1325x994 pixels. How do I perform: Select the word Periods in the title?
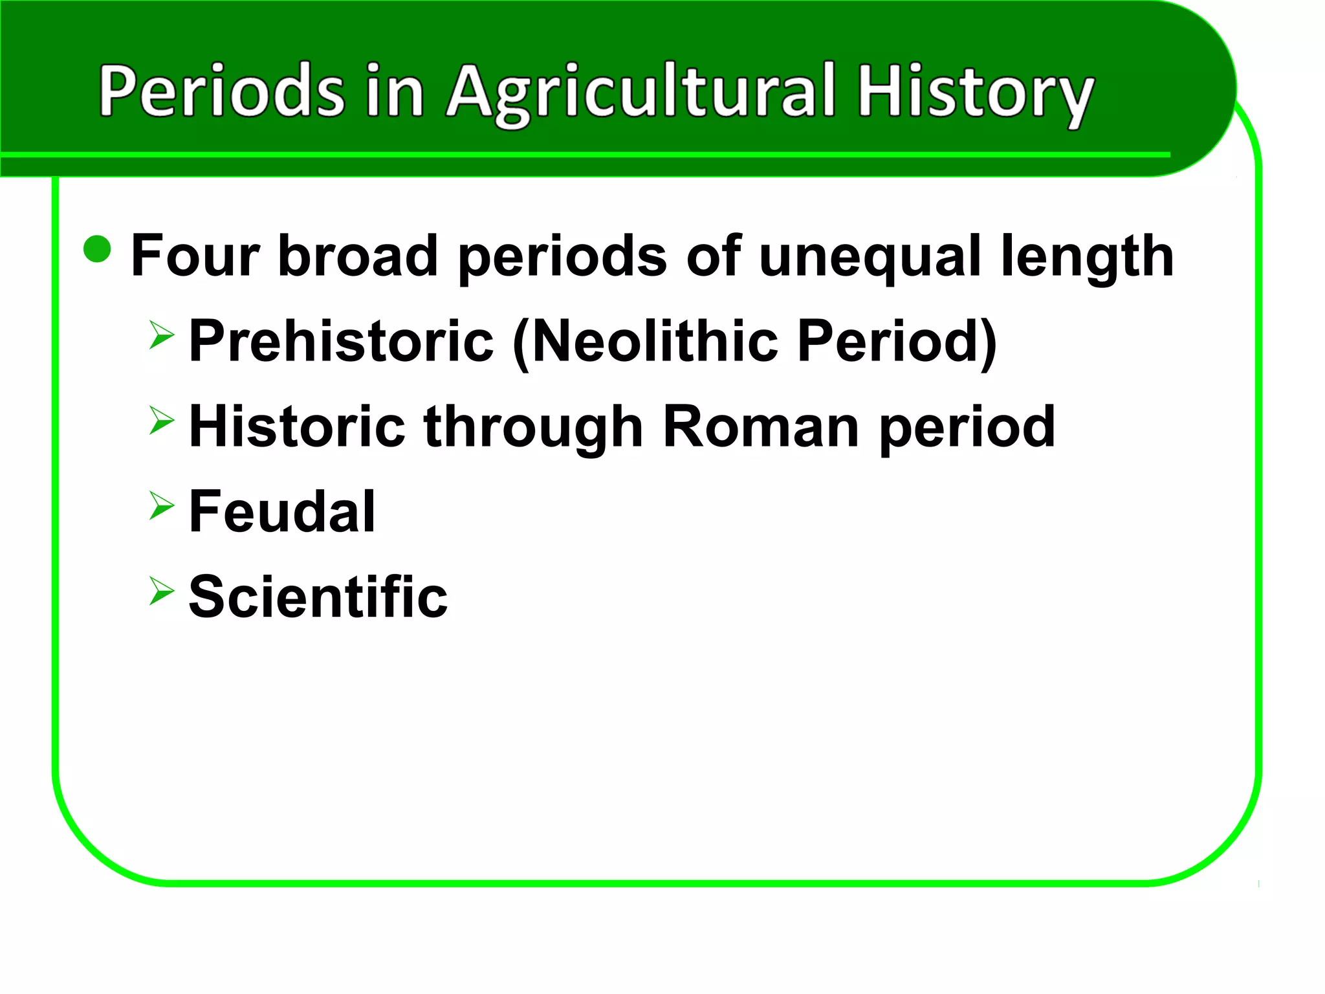pyautogui.click(x=222, y=91)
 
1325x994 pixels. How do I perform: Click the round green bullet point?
pyautogui.click(x=98, y=249)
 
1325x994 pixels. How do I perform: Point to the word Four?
pyautogui.click(x=195, y=256)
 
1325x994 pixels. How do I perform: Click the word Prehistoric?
pyautogui.click(x=341, y=341)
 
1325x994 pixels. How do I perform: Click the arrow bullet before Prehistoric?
pyautogui.click(x=161, y=335)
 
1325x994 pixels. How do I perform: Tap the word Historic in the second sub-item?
pyautogui.click(x=297, y=426)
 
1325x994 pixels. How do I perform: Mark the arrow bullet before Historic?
pyautogui.click(x=161, y=421)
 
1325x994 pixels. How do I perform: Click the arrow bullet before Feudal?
pyautogui.click(x=161, y=505)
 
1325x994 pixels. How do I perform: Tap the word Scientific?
pyautogui.click(x=318, y=597)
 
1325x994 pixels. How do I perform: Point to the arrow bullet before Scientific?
pyautogui.click(x=161, y=591)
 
